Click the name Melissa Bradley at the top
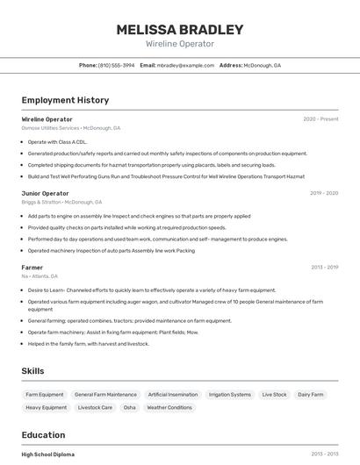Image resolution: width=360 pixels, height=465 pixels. pyautogui.click(x=180, y=29)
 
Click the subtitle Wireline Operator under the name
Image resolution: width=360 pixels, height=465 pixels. pyautogui.click(x=180, y=44)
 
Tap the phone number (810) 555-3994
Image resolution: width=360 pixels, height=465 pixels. pyautogui.click(x=117, y=66)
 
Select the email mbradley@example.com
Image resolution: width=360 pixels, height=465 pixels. pyautogui.click(x=185, y=66)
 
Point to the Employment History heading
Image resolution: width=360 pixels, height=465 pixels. pyautogui.click(x=65, y=101)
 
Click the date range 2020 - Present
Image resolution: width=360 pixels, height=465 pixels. pyautogui.click(x=320, y=119)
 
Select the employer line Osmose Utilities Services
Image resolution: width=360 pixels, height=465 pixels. pyautogui.click(x=71, y=128)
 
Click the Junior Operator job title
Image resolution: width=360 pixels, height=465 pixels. pyautogui.click(x=45, y=193)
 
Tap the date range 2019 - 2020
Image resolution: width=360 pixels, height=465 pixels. pyautogui.click(x=323, y=193)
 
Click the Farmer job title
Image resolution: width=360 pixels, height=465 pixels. pyautogui.click(x=32, y=268)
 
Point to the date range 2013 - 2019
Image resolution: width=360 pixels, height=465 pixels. pyautogui.click(x=323, y=268)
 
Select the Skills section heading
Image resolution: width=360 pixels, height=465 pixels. pyautogui.click(x=33, y=371)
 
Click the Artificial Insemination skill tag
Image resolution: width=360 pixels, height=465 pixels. pyautogui.click(x=172, y=395)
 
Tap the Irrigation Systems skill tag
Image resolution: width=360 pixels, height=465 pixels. pyautogui.click(x=230, y=395)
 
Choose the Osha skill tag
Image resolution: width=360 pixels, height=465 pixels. pyautogui.click(x=129, y=408)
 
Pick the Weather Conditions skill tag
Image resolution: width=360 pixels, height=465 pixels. pyautogui.click(x=169, y=408)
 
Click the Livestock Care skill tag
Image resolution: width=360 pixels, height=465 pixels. pyautogui.click(x=95, y=408)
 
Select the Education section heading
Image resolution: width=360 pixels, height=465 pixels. pyautogui.click(x=43, y=435)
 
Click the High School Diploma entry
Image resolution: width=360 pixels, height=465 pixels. pyautogui.click(x=48, y=454)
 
